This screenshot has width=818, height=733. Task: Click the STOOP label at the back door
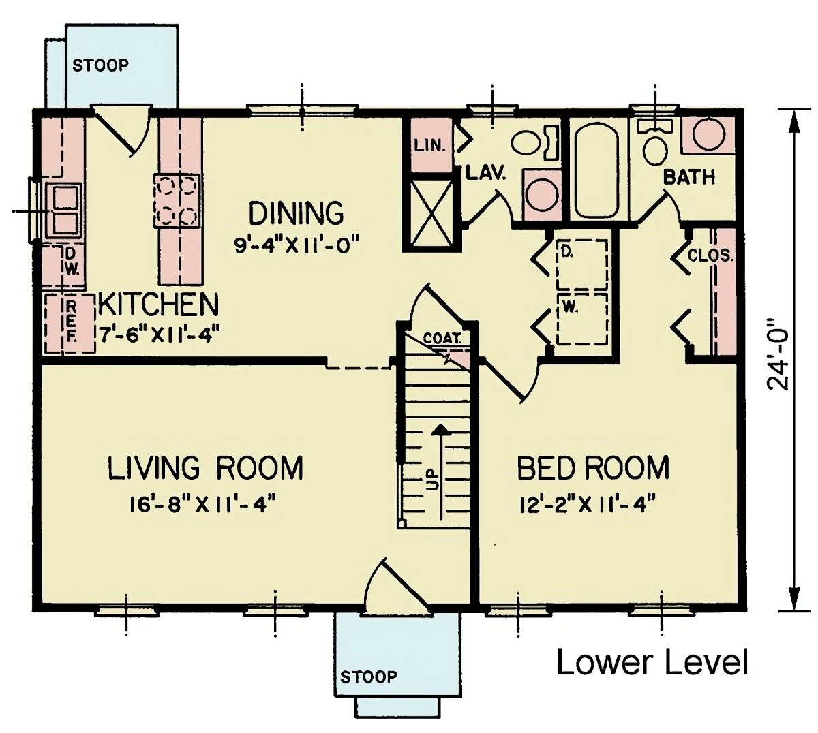(x=100, y=65)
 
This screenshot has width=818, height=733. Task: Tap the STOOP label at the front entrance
(x=368, y=676)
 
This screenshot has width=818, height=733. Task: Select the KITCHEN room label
(x=158, y=305)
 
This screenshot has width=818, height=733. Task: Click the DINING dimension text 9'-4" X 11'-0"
(x=296, y=244)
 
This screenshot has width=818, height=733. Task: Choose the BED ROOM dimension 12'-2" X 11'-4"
(x=586, y=505)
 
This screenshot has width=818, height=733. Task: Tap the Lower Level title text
(x=652, y=662)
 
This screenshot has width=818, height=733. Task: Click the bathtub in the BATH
(x=597, y=170)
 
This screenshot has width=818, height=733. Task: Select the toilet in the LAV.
(x=528, y=142)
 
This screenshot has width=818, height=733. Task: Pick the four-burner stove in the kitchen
(x=177, y=200)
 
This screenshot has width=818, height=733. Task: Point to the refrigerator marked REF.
(x=70, y=323)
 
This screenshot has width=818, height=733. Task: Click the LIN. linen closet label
(x=430, y=145)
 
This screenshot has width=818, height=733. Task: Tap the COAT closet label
(x=442, y=338)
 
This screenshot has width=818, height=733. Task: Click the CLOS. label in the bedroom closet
(x=710, y=257)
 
